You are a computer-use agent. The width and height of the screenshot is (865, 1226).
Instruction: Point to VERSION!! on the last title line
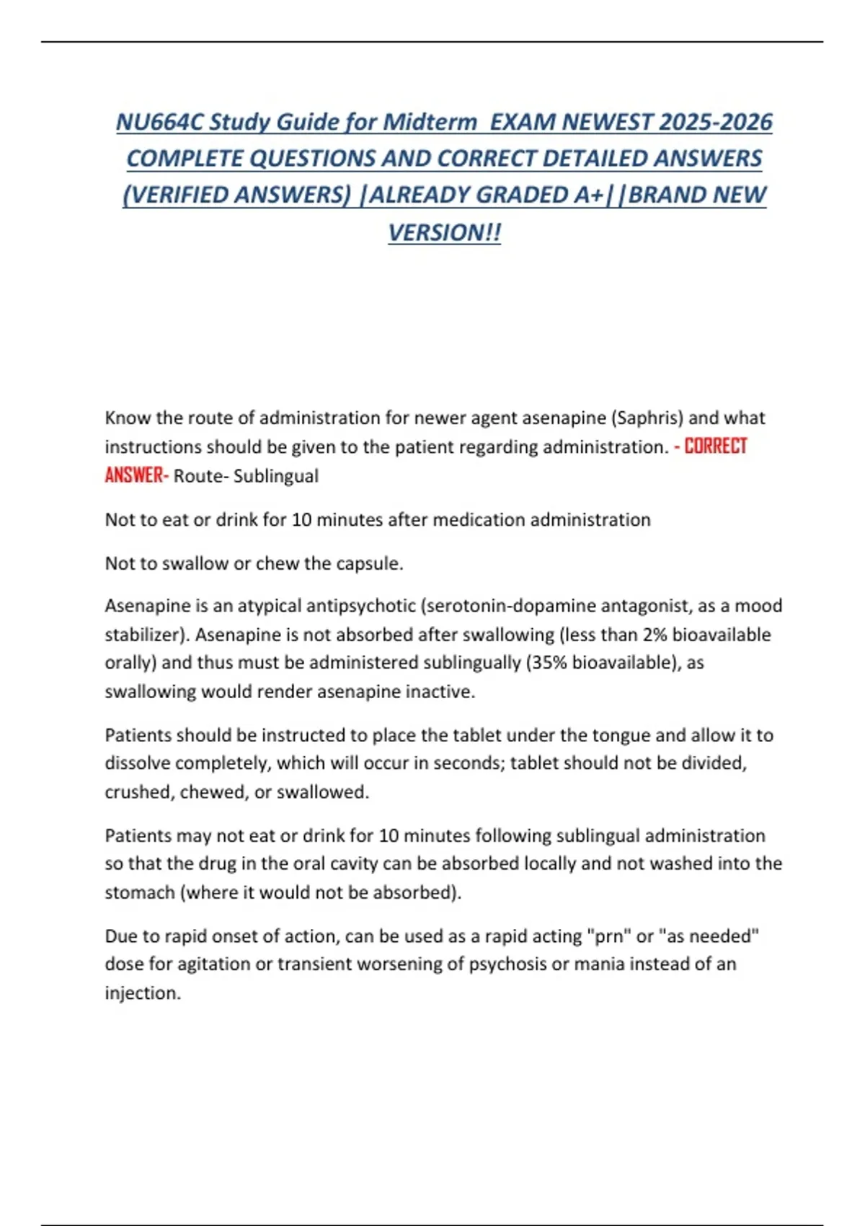[x=444, y=232]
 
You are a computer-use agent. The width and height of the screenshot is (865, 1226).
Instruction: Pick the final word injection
[x=142, y=993]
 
